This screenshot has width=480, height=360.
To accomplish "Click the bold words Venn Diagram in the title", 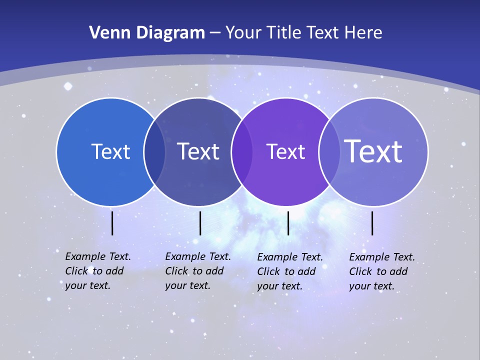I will tap(147, 33).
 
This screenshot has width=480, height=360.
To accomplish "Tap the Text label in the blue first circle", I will tap(110, 152).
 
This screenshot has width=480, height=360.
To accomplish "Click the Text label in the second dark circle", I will tap(198, 152).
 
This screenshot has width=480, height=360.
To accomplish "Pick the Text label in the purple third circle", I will tap(285, 152).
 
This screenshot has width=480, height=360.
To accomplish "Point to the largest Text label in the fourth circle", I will tap(373, 151).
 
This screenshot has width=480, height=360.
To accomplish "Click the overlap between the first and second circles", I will tap(154, 152).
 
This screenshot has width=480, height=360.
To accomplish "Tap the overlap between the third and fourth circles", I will tap(327, 152).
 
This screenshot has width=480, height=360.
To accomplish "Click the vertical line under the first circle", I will tap(112, 223).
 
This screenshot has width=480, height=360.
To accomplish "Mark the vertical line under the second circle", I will tap(200, 223).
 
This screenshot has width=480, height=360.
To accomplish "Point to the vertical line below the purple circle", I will tap(288, 223).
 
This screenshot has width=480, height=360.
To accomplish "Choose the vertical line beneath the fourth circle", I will tap(372, 223).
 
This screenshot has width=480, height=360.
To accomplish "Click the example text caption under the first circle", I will tap(97, 271).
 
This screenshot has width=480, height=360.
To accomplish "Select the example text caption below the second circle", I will tap(197, 271).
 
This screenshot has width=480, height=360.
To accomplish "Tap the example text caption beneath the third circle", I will tap(289, 271).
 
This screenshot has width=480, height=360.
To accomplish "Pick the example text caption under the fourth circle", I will tap(381, 271).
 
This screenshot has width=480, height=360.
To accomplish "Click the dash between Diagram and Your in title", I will tap(214, 33).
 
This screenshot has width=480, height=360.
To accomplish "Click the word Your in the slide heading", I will tap(243, 33).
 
